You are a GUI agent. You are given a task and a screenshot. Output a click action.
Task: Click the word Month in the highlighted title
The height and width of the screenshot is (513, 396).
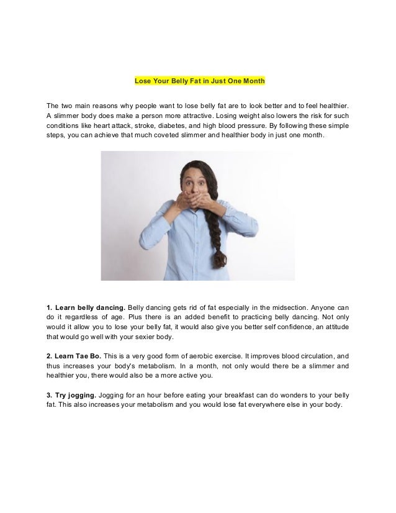point(254,81)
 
